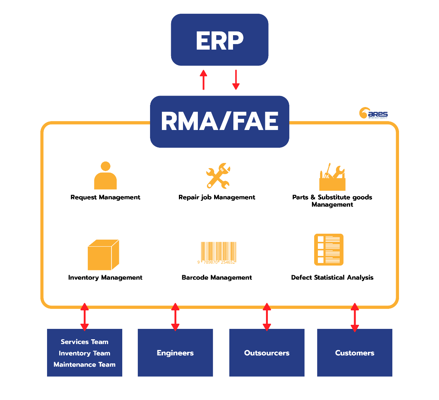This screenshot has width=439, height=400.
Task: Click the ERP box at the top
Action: click(x=219, y=40)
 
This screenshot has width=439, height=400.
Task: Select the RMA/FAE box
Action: click(x=219, y=121)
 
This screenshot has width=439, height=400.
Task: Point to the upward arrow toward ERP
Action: click(x=203, y=80)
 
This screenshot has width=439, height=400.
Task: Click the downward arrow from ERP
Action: click(x=236, y=80)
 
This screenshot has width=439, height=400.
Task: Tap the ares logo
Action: click(x=373, y=113)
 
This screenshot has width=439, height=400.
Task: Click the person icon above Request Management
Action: click(x=106, y=176)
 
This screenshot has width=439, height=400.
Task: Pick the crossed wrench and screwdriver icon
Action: click(x=218, y=176)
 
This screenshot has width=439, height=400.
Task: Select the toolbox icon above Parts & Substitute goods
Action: click(x=332, y=177)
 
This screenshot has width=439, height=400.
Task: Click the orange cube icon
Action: click(x=103, y=255)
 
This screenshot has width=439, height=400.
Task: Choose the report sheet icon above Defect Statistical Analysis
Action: click(x=329, y=250)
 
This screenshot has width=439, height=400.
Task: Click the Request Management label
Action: click(x=106, y=197)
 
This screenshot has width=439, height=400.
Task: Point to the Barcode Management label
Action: click(x=217, y=277)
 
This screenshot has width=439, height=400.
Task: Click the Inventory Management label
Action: click(x=105, y=277)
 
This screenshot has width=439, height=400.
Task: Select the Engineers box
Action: click(x=175, y=353)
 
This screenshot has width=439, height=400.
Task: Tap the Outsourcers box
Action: click(x=267, y=353)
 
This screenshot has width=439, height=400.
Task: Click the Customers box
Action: click(x=355, y=353)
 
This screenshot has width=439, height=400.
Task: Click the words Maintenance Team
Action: click(x=84, y=364)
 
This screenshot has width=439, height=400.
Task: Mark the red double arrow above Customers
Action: click(x=355, y=317)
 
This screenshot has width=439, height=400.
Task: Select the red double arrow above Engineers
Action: click(x=175, y=317)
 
